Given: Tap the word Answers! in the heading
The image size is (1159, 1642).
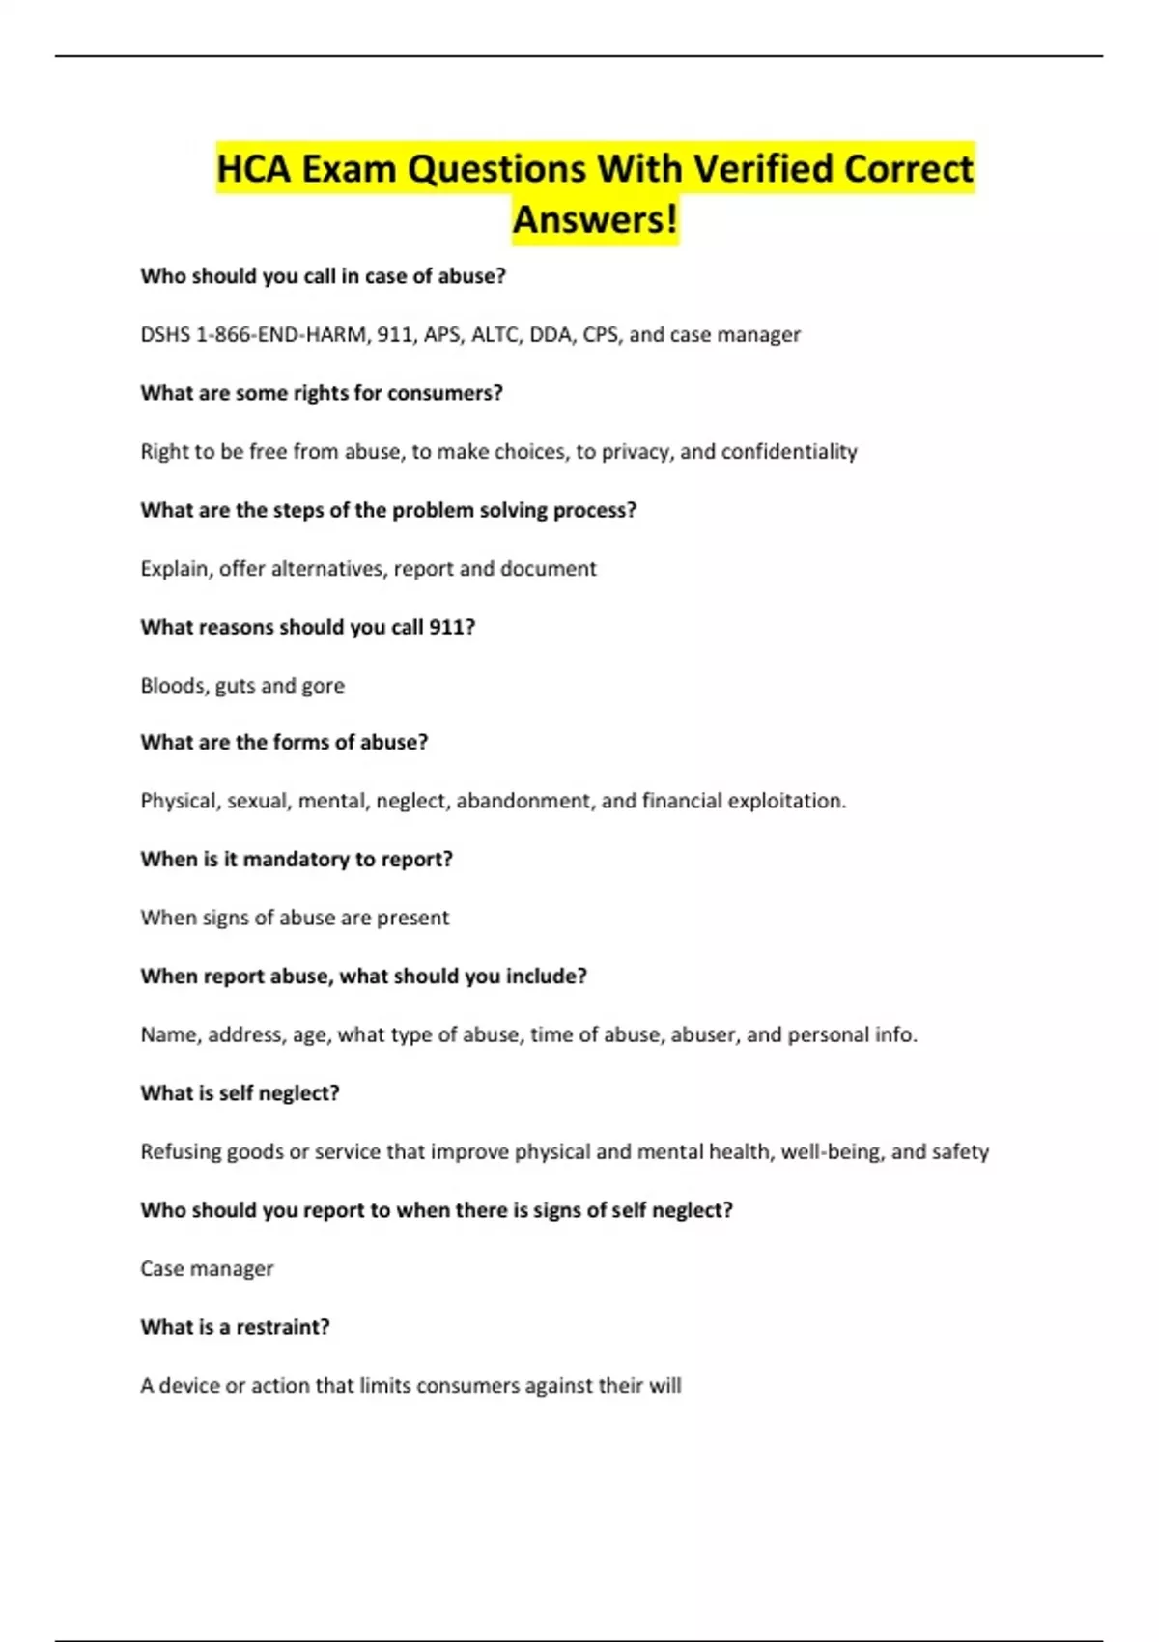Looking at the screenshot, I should [595, 219].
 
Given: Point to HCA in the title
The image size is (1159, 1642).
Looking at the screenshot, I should [253, 169].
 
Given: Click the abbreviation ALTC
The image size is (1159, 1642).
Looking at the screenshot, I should [495, 335].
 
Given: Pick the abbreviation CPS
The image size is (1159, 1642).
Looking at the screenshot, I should [601, 335].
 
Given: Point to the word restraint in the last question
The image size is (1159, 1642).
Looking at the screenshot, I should [283, 1327].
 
